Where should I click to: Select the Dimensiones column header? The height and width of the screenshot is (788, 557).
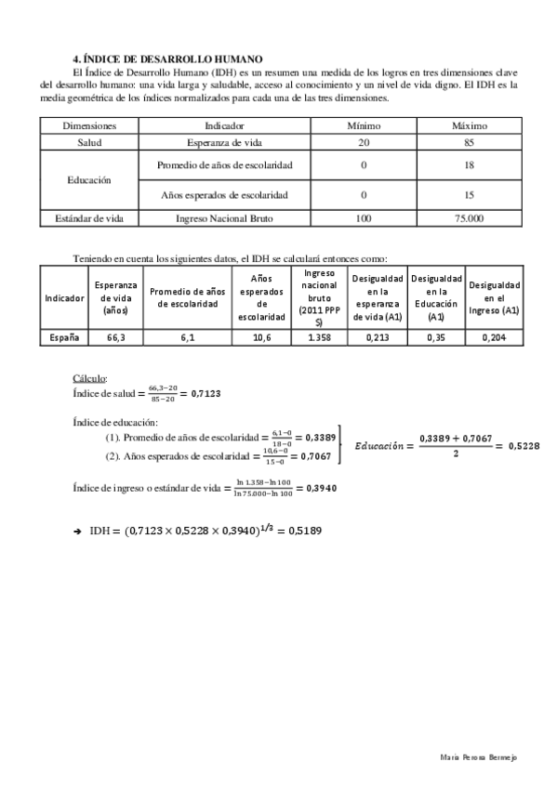click(89, 125)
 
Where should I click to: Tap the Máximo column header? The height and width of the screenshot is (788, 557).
click(470, 125)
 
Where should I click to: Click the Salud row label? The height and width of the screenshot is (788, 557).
click(89, 143)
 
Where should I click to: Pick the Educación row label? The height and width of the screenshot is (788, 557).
click(89, 179)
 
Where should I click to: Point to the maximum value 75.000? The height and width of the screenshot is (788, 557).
click(470, 218)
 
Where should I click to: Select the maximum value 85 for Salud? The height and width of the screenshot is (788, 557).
click(470, 143)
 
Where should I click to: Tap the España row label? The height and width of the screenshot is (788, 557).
click(64, 337)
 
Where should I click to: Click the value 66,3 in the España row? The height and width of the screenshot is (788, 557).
click(115, 337)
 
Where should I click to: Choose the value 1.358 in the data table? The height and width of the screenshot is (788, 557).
click(319, 337)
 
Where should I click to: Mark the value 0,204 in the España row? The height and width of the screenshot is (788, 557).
click(494, 337)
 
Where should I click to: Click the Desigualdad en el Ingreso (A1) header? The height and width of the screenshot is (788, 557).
click(494, 297)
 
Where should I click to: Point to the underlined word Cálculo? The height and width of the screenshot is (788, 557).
click(90, 378)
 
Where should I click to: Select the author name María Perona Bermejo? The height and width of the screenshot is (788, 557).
click(477, 757)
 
